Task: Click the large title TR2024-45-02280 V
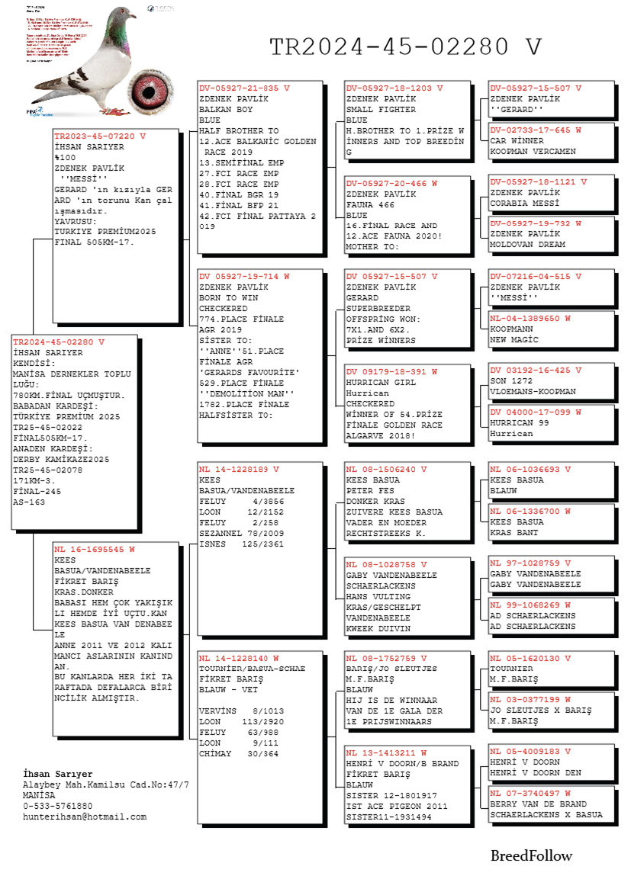[405, 47]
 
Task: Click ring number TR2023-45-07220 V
[99, 136]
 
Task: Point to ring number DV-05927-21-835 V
[244, 88]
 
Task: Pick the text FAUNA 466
[371, 204]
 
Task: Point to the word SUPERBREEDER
[378, 309]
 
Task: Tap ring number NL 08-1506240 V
[386, 470]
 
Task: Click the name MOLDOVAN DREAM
[527, 245]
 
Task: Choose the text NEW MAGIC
[513, 339]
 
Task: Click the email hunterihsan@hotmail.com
[85, 817]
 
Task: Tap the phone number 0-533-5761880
[58, 806]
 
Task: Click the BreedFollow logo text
[531, 855]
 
